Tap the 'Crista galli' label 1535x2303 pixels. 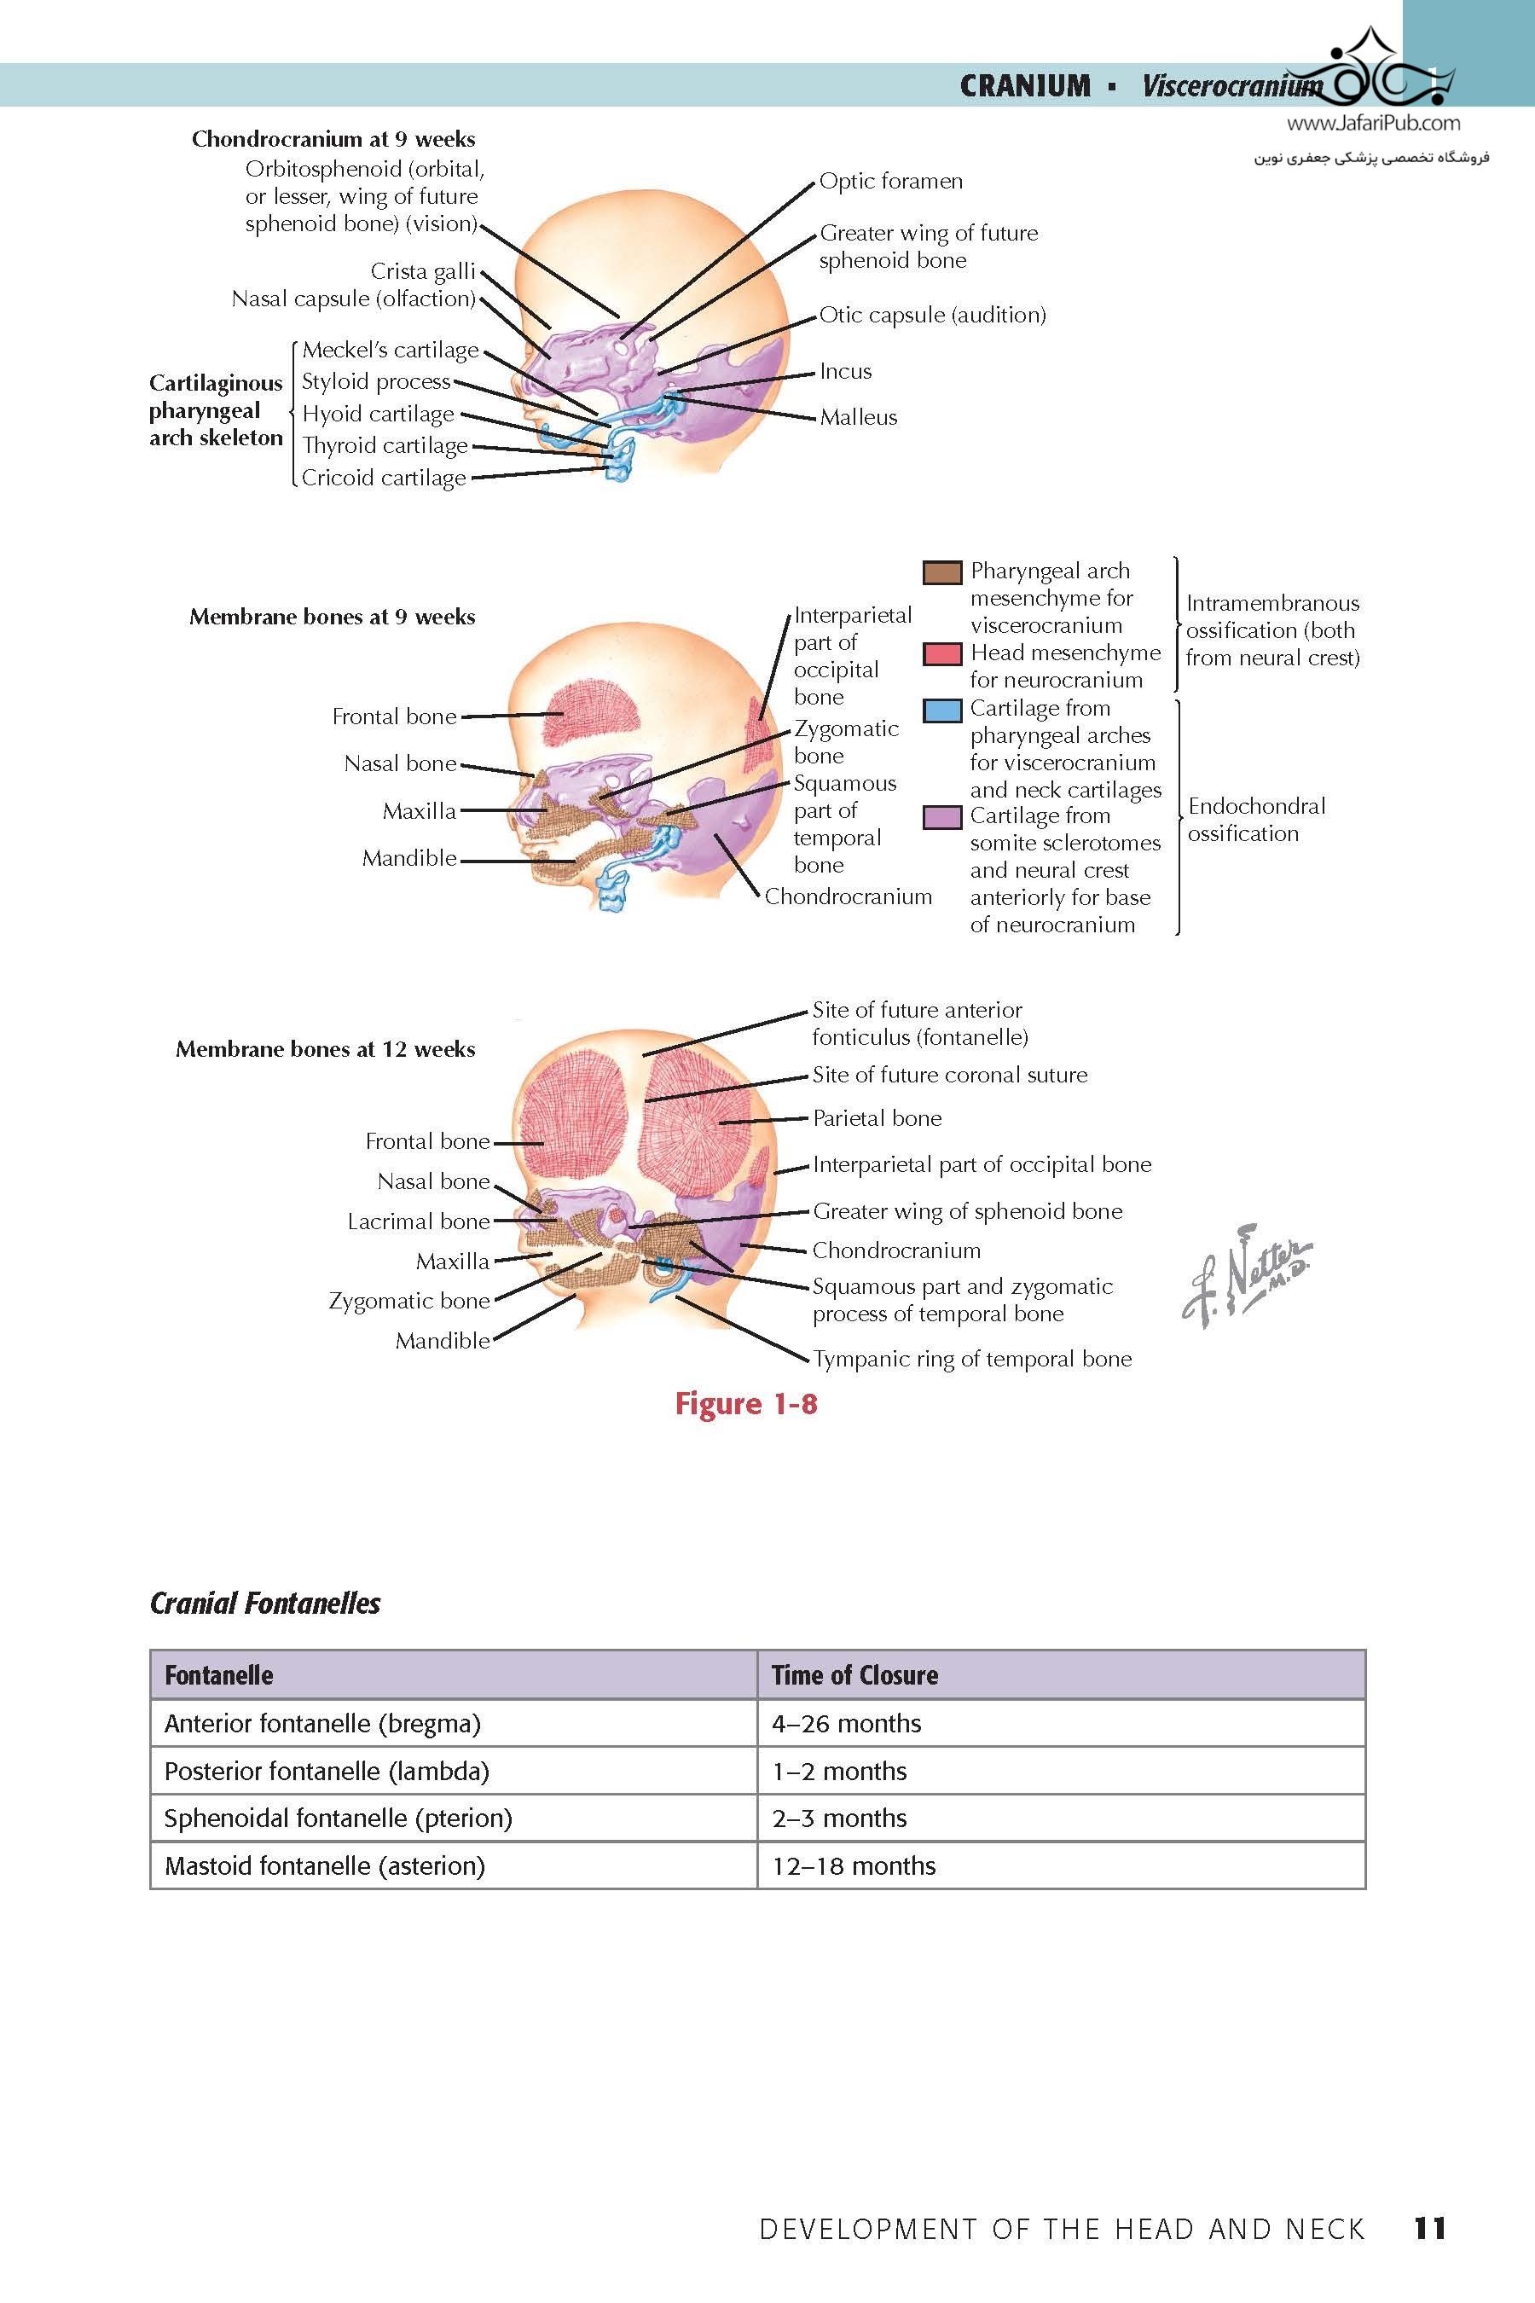(423, 270)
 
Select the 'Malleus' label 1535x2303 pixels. (858, 417)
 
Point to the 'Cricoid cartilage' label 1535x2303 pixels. (384, 478)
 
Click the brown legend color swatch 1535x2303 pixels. (941, 571)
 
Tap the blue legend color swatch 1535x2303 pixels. (941, 710)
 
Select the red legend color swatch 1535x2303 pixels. (941, 654)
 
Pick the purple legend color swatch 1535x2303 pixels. (941, 816)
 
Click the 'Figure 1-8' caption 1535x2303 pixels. (746, 1404)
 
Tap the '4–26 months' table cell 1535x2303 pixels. (846, 1722)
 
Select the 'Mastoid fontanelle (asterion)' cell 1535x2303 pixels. (325, 1865)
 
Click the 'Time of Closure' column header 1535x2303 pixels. (854, 1675)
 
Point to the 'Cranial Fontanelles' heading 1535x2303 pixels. (265, 1603)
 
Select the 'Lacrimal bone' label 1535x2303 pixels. (418, 1221)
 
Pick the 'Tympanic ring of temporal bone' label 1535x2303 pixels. (971, 1359)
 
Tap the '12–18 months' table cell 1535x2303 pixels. (854, 1865)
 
